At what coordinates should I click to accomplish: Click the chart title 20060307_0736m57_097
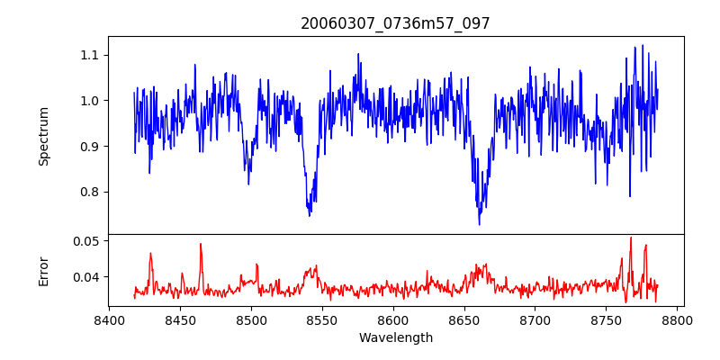pos(395,23)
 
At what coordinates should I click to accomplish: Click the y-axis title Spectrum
pos(44,136)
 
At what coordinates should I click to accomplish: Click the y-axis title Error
pos(44,270)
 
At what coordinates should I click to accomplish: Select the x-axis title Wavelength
pos(395,338)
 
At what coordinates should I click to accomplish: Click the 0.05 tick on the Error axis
pos(88,241)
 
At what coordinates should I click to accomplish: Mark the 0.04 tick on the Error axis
pos(88,276)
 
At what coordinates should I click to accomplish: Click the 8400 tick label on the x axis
pos(109,319)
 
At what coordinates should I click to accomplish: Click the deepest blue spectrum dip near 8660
pos(479,224)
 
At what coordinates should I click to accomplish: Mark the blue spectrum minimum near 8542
pos(310,215)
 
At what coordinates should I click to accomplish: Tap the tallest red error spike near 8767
pos(631,238)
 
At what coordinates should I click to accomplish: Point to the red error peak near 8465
pos(201,244)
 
